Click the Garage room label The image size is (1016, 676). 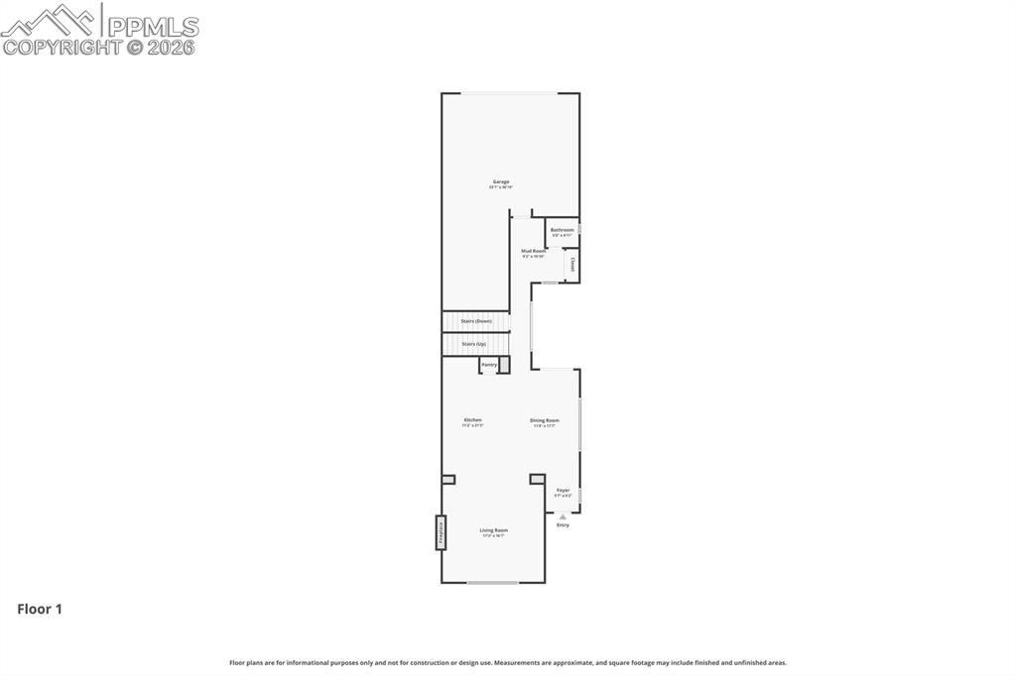501,182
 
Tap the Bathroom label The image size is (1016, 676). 563,230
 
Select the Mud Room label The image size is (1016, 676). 534,252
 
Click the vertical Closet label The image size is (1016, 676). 572,265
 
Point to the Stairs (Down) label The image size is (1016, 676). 476,321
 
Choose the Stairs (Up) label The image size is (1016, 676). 474,344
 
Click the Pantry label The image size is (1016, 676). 489,365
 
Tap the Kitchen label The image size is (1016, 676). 472,420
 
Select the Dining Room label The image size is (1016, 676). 545,420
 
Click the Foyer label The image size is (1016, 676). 563,490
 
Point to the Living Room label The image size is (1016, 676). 494,530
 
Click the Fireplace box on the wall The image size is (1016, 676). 439,532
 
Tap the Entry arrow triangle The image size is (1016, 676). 563,516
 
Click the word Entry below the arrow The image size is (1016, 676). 563,525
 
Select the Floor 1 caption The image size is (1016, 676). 40,610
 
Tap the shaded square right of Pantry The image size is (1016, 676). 504,365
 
